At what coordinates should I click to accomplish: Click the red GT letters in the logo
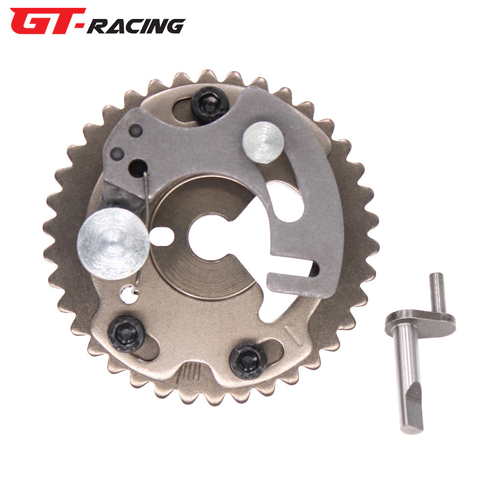47,21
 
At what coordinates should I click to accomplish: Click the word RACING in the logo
136,26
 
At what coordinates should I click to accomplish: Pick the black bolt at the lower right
248,361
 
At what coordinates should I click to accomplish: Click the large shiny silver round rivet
113,244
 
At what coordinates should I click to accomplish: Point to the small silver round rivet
263,142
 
